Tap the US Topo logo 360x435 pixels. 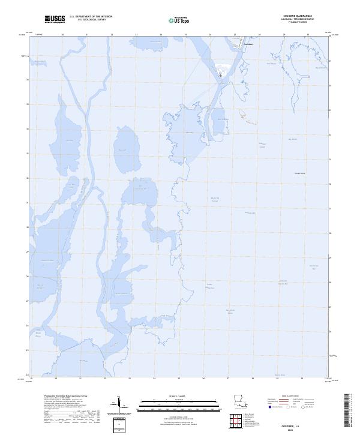point(181,20)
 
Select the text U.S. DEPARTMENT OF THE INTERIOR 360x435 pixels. point(91,16)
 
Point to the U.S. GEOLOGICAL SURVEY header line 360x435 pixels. point(91,19)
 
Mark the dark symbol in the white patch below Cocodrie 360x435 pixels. point(220,75)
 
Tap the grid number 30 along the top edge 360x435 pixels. point(308,35)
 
